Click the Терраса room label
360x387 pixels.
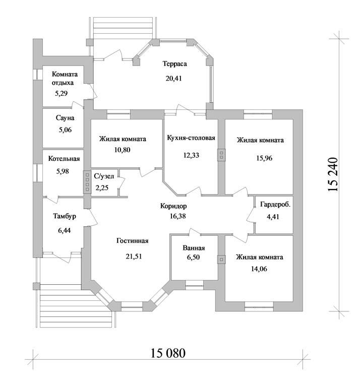(174, 63)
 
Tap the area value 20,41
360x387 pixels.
(174, 78)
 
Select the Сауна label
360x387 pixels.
(65, 118)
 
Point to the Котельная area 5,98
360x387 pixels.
(63, 171)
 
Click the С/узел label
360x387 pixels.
(104, 176)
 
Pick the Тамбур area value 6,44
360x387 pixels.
(64, 230)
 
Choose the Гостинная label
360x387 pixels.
(132, 241)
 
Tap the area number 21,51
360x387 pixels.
(134, 256)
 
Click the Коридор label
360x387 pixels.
(173, 206)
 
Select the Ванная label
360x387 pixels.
(194, 248)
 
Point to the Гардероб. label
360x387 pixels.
(275, 205)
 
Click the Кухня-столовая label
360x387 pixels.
(191, 138)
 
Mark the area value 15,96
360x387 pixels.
(264, 158)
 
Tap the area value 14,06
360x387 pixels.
(259, 269)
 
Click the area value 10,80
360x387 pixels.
(122, 150)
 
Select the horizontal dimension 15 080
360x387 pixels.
(168, 353)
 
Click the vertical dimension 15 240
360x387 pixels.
(332, 174)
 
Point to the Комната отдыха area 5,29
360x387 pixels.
(61, 93)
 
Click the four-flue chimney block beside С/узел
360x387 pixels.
(87, 182)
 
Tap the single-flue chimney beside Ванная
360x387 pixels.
(221, 260)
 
